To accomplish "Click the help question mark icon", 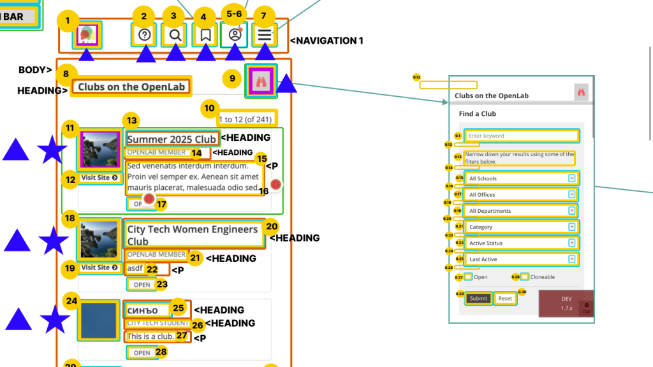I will click(x=144, y=35).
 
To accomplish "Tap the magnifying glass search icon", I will click(x=174, y=35).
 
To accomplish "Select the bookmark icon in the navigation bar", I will click(x=205, y=35).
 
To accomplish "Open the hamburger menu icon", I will click(x=265, y=35).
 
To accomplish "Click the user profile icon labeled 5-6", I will click(x=234, y=35).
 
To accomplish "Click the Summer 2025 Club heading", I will click(x=172, y=139).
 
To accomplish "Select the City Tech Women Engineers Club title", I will click(x=193, y=234).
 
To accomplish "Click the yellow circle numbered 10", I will click(x=209, y=108).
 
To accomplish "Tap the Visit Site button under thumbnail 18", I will click(x=99, y=268).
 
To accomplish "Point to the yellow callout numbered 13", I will click(x=132, y=120).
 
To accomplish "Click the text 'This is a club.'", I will click(x=150, y=336).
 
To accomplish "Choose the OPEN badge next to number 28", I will click(x=142, y=353).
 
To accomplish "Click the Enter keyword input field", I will click(x=521, y=136).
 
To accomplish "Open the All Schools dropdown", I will click(x=521, y=178).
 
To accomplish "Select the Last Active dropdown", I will click(x=521, y=259).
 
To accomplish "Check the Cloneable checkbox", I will click(x=525, y=277).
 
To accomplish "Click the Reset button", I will click(x=505, y=298).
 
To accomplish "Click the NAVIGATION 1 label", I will click(x=327, y=41).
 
